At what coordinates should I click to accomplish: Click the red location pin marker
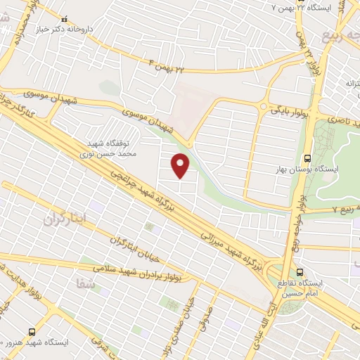(181, 165)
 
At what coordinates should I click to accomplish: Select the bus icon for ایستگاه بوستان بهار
(307, 158)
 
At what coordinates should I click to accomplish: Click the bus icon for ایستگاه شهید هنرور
(31, 330)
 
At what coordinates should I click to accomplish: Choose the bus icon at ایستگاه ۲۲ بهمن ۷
(301, 6)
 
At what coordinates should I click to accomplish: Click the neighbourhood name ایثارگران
(68, 219)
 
